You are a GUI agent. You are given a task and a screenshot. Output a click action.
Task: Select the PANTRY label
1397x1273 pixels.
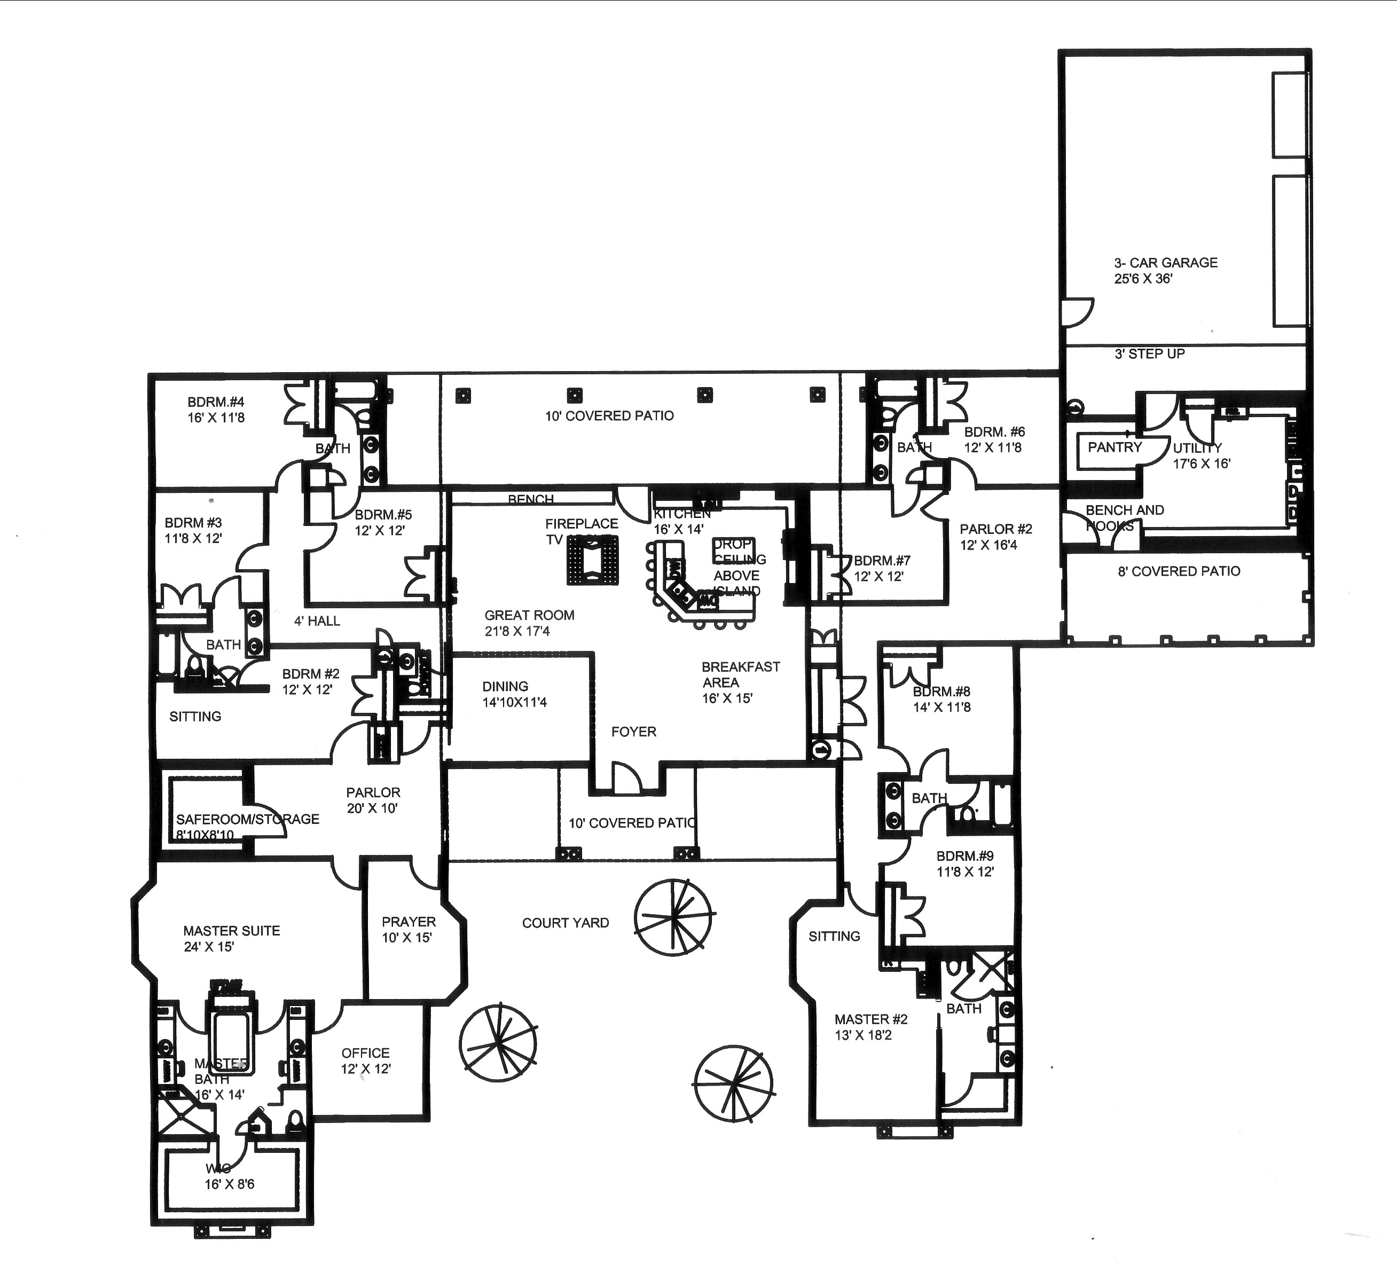tap(1115, 447)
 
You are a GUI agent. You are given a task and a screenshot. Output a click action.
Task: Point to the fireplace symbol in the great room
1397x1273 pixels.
tap(591, 561)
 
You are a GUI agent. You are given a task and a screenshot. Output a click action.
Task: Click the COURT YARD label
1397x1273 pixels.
tap(566, 923)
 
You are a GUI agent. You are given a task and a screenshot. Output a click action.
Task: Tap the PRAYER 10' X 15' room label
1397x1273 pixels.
tap(408, 929)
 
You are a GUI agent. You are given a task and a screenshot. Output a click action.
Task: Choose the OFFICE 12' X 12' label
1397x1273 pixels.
tap(365, 1060)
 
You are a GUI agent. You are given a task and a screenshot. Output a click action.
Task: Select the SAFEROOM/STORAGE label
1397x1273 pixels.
tap(247, 820)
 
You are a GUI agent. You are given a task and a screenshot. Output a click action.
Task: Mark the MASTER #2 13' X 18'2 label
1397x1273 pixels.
tap(870, 1027)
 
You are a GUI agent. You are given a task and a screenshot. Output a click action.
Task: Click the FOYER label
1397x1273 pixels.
tap(633, 732)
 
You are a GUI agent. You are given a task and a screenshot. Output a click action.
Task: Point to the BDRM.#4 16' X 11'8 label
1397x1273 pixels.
tap(216, 410)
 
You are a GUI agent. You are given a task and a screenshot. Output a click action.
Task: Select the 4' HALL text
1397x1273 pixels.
tap(317, 621)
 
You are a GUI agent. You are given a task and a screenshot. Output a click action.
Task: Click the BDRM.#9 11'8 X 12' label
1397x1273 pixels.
tap(964, 864)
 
